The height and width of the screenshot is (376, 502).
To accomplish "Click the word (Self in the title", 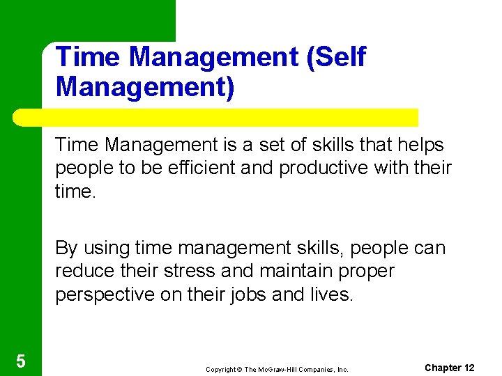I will click(335, 57).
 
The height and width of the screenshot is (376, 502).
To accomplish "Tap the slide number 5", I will click(20, 361).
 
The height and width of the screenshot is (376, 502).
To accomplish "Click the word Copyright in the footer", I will click(220, 369).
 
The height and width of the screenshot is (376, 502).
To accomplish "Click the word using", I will click(107, 248).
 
